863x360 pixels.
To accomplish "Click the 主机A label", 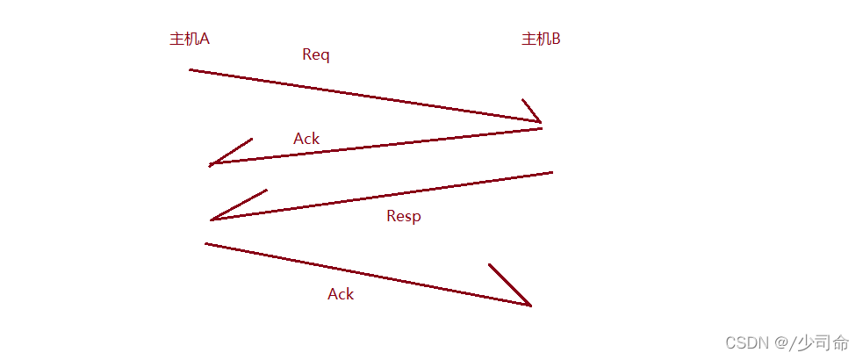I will tap(189, 39).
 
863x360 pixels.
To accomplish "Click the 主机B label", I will tap(541, 39).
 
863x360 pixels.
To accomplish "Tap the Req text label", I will tap(315, 54).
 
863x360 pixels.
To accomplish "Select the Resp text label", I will tap(404, 216).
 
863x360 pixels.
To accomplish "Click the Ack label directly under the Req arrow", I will tap(306, 139).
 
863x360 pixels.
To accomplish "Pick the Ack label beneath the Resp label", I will tap(341, 294).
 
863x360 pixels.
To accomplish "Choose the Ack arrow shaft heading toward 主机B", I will tap(369, 275).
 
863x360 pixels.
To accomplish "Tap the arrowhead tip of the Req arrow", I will tap(540, 122).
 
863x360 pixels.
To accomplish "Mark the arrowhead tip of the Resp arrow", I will tap(212, 220).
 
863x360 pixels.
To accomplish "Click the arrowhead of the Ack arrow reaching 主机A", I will tap(211, 164).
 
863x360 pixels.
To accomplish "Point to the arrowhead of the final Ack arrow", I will tap(529, 305).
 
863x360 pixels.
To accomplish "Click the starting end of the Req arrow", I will tap(191, 69).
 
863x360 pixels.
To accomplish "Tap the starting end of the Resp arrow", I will tap(551, 172).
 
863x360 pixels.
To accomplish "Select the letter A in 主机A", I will tap(204, 39).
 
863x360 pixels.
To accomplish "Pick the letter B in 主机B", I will tap(555, 39).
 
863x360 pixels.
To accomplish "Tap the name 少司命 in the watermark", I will tap(826, 342).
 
